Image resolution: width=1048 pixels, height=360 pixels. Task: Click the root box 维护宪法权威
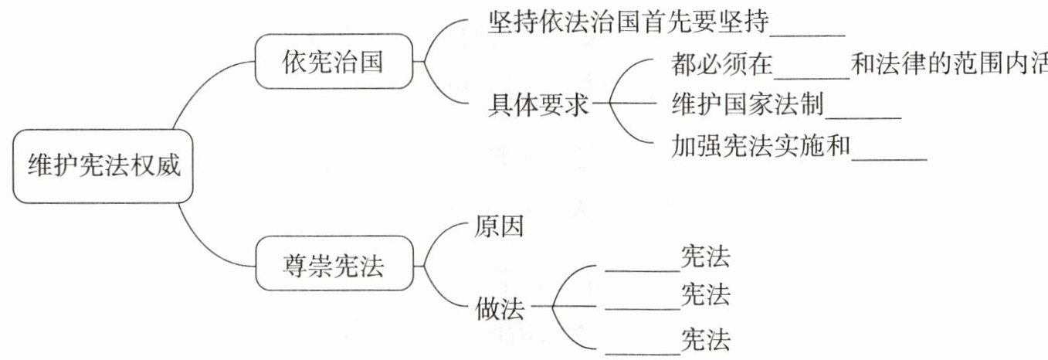pos(103,166)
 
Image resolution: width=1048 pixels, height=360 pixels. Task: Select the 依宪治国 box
pos(334,61)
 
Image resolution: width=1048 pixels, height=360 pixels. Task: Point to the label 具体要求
pos(538,104)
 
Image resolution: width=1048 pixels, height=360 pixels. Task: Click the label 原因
pos(499,226)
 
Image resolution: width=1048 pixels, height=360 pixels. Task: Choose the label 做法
pos(500,308)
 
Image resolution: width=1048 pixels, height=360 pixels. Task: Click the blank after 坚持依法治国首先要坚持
pos(808,35)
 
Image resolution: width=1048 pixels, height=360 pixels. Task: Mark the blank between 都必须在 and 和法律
pos(812,78)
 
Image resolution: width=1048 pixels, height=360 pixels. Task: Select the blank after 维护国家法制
pos(863,118)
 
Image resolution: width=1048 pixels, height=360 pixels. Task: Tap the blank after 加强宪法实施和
pos(890,160)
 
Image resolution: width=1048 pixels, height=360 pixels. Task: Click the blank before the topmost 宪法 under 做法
pos(643,270)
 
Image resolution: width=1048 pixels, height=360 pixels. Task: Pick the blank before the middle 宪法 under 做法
pos(643,308)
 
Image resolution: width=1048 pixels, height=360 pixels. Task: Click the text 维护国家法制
pos(748,104)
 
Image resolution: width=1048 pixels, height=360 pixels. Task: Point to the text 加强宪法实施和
pos(761,145)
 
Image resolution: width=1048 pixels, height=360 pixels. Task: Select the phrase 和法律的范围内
pos(941,63)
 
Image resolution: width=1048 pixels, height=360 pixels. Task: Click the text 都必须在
pos(722,63)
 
